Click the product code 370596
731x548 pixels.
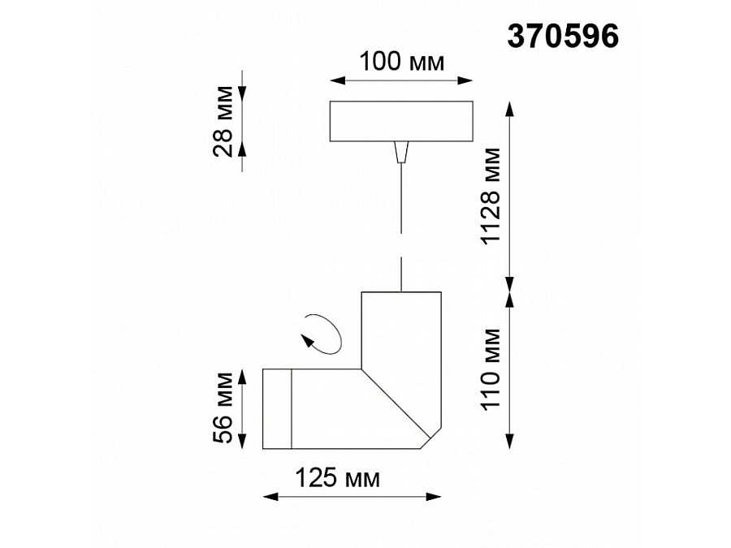563,35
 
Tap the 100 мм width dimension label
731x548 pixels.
402,63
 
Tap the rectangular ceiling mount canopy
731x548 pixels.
400,122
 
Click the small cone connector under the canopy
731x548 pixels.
400,153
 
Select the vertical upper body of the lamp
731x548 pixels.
400,325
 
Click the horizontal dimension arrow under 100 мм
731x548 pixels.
400,80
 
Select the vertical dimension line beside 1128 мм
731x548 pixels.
510,195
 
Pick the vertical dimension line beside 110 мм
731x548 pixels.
510,369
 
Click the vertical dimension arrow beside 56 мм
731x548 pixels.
244,408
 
